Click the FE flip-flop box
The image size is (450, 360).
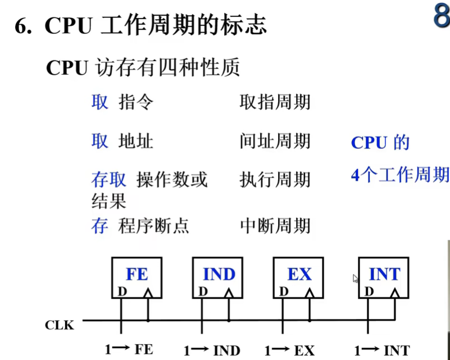[x=136, y=277]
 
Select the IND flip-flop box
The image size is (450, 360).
[x=218, y=277]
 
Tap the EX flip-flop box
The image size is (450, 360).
[x=298, y=277]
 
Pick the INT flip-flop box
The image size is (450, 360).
[x=384, y=277]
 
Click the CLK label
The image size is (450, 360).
[x=60, y=325]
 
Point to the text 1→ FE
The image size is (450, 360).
[x=129, y=349]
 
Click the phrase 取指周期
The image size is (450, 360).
[x=275, y=102]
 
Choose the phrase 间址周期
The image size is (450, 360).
[x=275, y=140]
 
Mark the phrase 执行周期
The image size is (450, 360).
[x=275, y=179]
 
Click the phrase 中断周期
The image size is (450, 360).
[x=275, y=226]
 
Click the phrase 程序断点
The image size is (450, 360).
[x=153, y=226]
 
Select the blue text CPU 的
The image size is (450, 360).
[x=380, y=143]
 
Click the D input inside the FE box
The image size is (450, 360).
[x=121, y=291]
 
